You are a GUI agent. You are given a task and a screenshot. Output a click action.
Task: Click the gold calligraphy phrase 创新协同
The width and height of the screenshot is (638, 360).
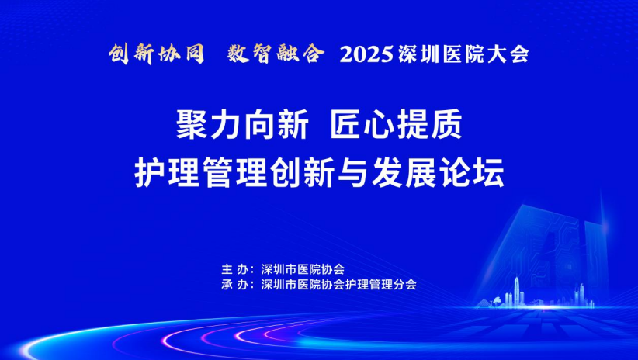click(157, 54)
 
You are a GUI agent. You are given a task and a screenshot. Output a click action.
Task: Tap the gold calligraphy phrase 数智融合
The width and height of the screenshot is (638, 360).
click(276, 54)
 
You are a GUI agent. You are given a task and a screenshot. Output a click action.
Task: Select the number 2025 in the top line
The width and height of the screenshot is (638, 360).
click(366, 54)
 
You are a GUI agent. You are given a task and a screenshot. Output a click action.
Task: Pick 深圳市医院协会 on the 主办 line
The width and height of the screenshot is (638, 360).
click(303, 269)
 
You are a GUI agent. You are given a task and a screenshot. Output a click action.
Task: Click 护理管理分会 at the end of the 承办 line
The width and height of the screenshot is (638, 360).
click(381, 284)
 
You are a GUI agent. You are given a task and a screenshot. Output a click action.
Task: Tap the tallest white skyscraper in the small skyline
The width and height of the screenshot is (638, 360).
click(516, 290)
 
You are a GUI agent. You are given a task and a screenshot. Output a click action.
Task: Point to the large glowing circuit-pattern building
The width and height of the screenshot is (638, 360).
click(545, 252)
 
